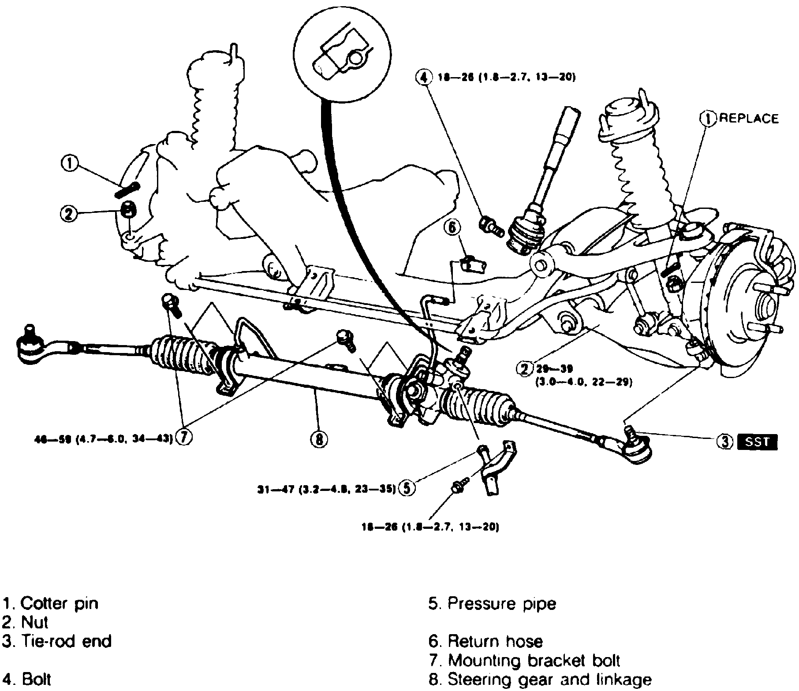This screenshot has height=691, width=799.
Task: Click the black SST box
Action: [x=757, y=442]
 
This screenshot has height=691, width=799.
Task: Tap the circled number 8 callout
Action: [x=319, y=439]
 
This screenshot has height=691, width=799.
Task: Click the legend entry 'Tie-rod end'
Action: [x=57, y=641]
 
